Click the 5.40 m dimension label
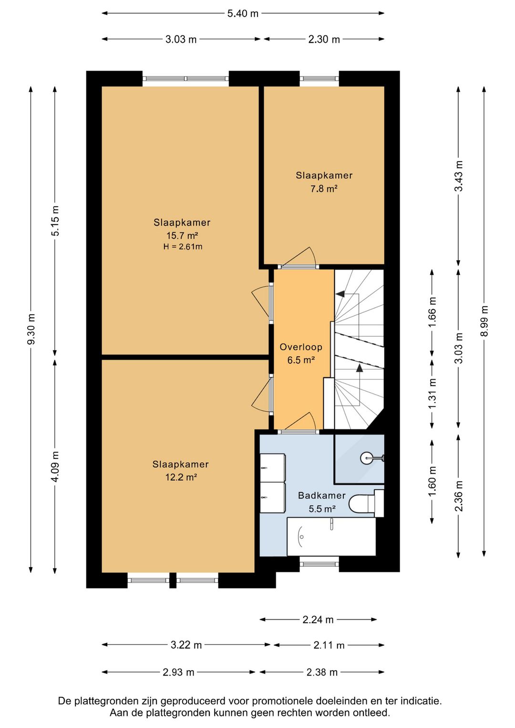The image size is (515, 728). [x=243, y=14]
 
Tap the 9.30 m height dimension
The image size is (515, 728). [x=31, y=329]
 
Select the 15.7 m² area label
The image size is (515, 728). [x=182, y=235]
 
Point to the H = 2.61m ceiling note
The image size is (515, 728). [x=183, y=247]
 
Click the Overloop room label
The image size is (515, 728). [x=301, y=347]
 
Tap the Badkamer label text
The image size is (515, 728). [x=322, y=495]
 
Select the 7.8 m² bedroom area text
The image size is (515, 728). [x=324, y=188]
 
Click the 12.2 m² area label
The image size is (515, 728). [x=181, y=477]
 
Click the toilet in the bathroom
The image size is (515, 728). [x=366, y=503]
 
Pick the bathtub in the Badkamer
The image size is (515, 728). [x=331, y=537]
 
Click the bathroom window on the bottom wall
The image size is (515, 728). [x=319, y=564]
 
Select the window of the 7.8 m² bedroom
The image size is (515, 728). [x=319, y=78]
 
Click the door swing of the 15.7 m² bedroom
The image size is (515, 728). [x=262, y=303]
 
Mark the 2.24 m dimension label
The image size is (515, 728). [x=318, y=620]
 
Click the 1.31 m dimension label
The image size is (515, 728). [x=432, y=394]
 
